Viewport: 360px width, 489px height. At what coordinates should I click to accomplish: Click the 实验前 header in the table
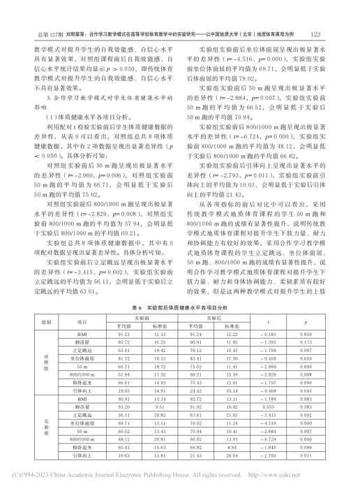[x=139, y=317]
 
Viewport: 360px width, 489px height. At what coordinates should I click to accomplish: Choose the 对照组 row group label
[x=47, y=363]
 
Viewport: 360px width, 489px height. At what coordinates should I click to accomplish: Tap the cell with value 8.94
[x=232, y=446]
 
